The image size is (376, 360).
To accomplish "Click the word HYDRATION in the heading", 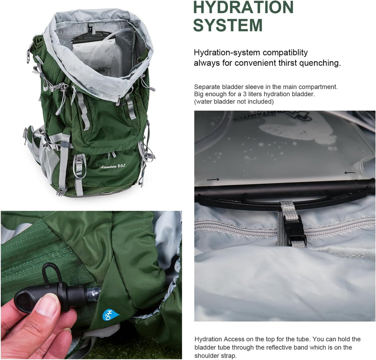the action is click(243, 7).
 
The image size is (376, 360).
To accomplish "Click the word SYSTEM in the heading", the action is click(228, 25).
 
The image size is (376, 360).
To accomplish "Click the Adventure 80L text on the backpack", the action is click(113, 166).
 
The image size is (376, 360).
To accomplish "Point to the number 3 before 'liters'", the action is click(245, 94).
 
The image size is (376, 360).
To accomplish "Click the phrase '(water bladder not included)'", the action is click(234, 101).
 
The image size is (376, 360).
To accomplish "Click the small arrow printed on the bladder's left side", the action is click(213, 179).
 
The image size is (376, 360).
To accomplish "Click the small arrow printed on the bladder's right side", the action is click(350, 172).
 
